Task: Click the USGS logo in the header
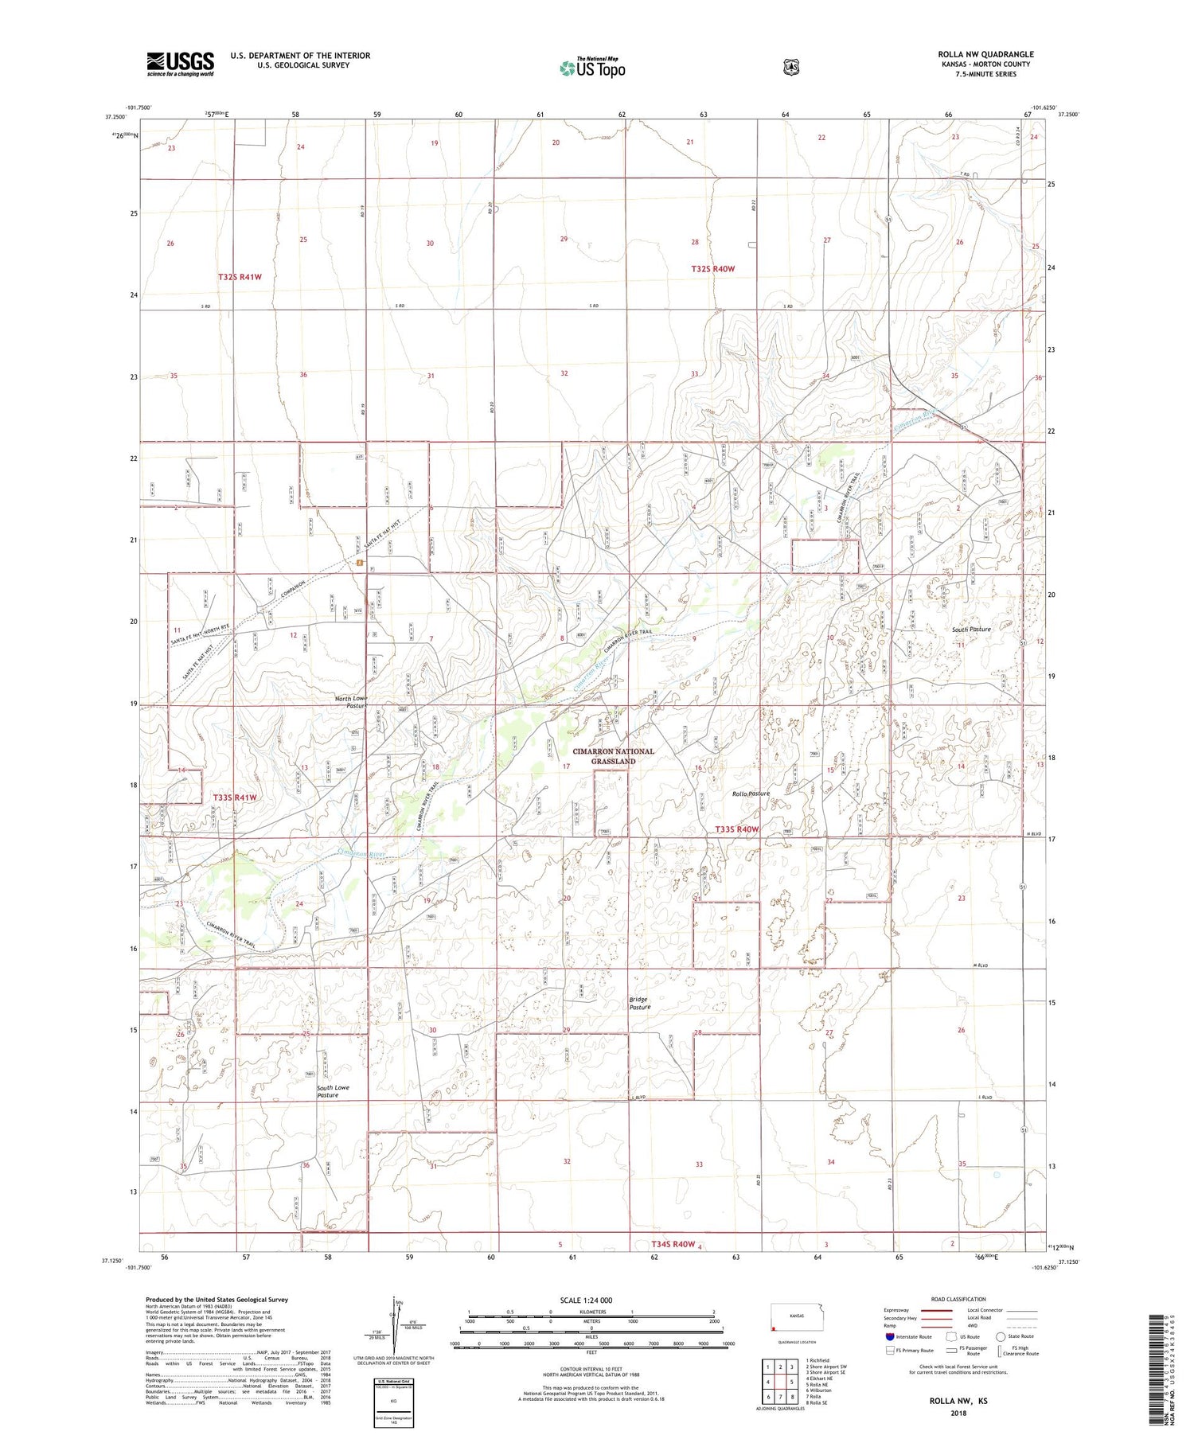click(x=180, y=64)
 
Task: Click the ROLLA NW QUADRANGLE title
click(x=985, y=54)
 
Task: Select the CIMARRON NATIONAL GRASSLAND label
click(x=613, y=756)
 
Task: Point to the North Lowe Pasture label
click(x=350, y=702)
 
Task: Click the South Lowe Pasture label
click(x=333, y=1091)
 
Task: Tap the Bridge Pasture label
click(x=639, y=1003)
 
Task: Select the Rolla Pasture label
click(x=751, y=794)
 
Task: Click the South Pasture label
click(x=971, y=630)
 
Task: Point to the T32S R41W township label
click(x=240, y=277)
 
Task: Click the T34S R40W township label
click(x=673, y=1244)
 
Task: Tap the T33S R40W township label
click(x=736, y=829)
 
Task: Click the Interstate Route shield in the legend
click(x=890, y=1336)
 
